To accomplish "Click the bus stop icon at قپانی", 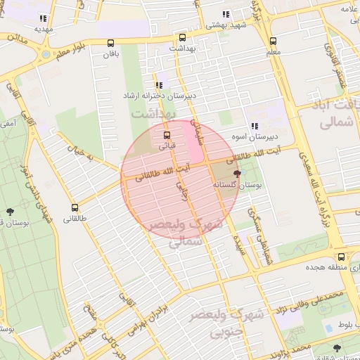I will click(167, 135).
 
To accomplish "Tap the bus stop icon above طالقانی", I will click(75, 207).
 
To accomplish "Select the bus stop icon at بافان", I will click(110, 43).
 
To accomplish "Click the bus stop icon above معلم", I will click(274, 41).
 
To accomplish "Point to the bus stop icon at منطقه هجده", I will click(341, 257).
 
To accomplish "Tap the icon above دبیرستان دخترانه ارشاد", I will click(159, 84).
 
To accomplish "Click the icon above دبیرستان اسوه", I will click(254, 125).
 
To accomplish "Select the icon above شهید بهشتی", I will click(225, 14).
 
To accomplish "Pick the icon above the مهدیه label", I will click(43, 19).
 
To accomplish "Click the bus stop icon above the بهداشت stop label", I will click(182, 37).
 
